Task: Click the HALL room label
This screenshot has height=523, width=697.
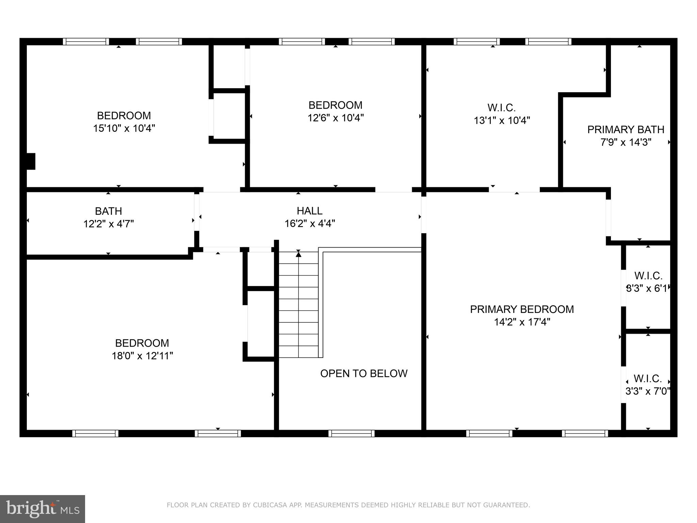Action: [309, 211]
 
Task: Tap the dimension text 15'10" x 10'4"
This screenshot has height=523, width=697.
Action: [124, 129]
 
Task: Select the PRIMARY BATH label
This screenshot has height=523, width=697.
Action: [626, 130]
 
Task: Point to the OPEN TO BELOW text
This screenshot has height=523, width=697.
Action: [363, 374]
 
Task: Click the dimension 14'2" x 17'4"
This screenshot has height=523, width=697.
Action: [522, 322]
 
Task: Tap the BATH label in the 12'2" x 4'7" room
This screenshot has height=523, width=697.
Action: [108, 211]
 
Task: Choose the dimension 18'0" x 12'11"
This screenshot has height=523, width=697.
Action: [142, 356]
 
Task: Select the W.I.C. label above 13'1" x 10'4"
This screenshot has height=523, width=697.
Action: [501, 108]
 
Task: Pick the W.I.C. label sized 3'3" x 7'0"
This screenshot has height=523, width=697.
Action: [648, 379]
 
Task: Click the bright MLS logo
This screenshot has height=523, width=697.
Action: [43, 509]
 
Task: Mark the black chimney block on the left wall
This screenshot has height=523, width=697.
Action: [31, 161]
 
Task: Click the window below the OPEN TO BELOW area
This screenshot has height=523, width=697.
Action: [351, 433]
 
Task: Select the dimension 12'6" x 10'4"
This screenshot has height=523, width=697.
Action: [336, 118]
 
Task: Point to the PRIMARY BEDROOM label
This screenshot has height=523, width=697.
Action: [522, 310]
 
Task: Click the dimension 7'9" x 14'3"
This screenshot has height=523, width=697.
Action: [626, 142]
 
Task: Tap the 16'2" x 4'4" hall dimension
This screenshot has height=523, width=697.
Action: [310, 224]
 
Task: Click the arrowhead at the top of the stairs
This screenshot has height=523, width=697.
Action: [298, 253]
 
